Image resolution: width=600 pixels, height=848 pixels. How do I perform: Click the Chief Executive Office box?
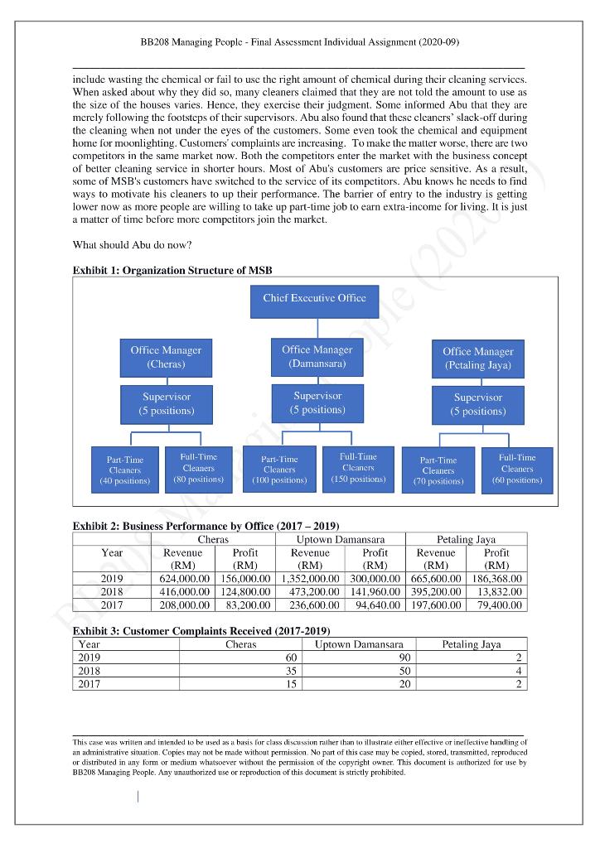(x=314, y=299)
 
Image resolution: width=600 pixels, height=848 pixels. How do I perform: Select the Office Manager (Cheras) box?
(x=166, y=357)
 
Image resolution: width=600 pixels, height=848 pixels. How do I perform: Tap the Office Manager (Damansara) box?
(x=317, y=356)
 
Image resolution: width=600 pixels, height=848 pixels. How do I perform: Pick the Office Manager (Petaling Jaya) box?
(x=478, y=358)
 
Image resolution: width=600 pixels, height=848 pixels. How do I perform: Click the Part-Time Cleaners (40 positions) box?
(x=125, y=470)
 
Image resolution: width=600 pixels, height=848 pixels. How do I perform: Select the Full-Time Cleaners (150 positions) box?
(x=358, y=468)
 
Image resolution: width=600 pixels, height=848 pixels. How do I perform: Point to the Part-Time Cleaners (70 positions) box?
(x=438, y=470)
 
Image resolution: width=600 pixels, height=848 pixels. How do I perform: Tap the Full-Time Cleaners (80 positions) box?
(x=198, y=468)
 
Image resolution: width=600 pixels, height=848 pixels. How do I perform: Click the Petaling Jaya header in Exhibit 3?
(x=471, y=643)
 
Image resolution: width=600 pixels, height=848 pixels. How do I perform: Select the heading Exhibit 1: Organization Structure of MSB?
(x=172, y=271)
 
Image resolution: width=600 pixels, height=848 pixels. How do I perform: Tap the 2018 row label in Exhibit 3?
(x=88, y=671)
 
